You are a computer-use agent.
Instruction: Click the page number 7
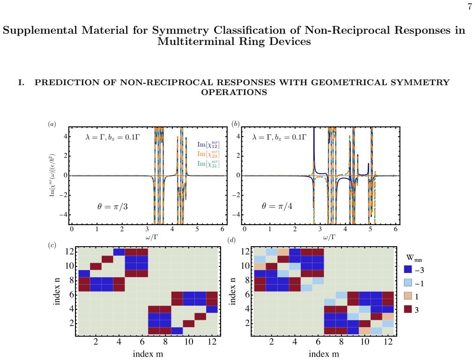tap(469, 7)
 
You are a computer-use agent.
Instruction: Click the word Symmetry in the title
tap(180, 30)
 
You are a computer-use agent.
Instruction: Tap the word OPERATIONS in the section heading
tap(234, 92)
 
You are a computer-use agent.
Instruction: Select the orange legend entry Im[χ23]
tap(208, 154)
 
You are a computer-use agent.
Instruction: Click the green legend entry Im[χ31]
tap(208, 164)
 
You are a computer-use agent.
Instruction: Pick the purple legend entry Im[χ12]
tap(208, 145)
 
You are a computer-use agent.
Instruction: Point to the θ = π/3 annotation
tap(112, 207)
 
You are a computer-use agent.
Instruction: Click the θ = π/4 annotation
tap(277, 206)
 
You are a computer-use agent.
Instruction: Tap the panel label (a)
tap(52, 124)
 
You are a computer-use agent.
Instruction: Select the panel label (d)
tap(231, 241)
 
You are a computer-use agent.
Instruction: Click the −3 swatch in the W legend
tap(408, 269)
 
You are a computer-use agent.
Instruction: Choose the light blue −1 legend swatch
tap(408, 282)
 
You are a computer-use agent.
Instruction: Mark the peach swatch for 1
tap(408, 296)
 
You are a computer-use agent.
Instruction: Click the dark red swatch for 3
tap(408, 309)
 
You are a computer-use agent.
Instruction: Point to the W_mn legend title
tap(414, 258)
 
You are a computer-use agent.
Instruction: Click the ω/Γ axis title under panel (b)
tap(329, 237)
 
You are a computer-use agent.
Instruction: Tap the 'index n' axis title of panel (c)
tap(57, 291)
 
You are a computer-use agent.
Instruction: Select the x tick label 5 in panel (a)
tap(197, 229)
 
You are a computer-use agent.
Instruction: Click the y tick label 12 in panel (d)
tap(245, 251)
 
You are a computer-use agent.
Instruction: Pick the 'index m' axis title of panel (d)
tap(324, 353)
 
